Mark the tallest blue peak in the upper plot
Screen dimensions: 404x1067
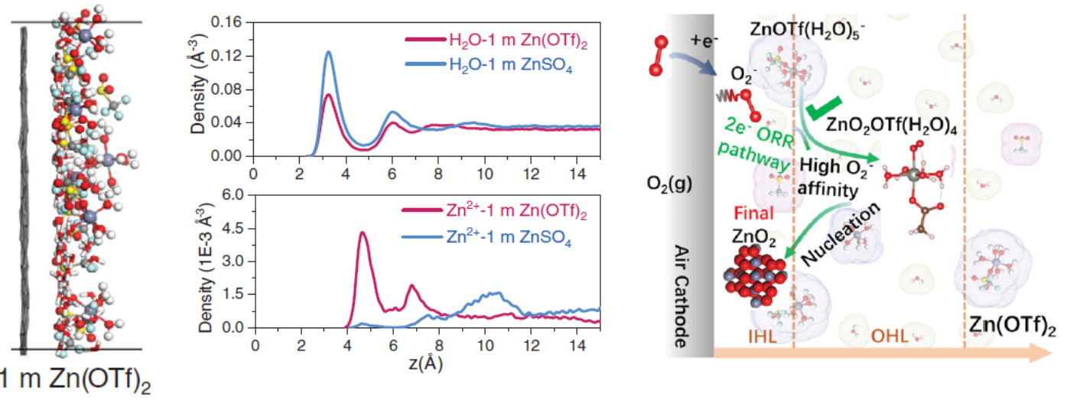tap(329, 52)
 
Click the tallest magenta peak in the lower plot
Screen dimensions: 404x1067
tap(362, 233)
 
